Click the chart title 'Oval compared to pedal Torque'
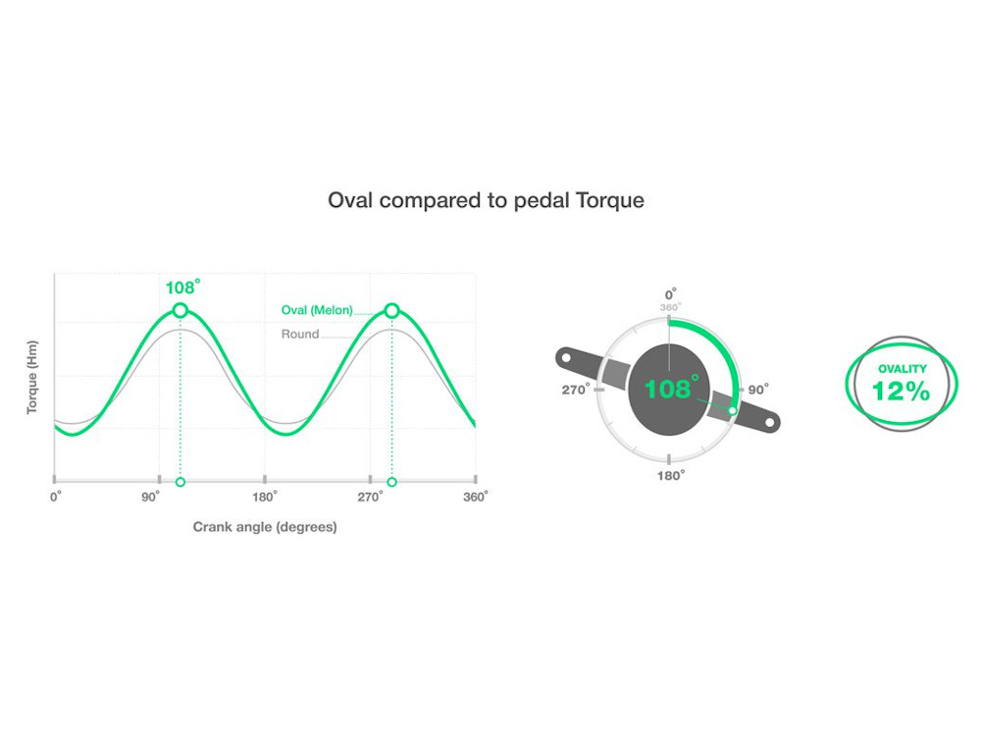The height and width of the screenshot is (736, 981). [487, 200]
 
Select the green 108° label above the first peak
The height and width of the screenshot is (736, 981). [182, 288]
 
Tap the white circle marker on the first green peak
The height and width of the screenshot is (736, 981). [181, 310]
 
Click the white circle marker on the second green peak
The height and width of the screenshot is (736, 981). [391, 310]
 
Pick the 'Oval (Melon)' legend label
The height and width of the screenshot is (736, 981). [317, 310]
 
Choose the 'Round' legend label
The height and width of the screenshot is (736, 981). [300, 335]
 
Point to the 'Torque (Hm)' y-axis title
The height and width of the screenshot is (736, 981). [32, 377]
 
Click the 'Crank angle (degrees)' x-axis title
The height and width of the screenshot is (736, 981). [265, 527]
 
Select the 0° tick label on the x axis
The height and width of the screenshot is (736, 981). [56, 497]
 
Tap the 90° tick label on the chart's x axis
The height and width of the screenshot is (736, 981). [150, 497]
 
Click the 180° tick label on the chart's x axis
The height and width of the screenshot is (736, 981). [265, 497]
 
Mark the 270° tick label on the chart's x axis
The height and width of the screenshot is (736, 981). [371, 497]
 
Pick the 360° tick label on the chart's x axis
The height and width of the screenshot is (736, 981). [476, 497]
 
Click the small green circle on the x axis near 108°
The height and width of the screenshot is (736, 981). [181, 482]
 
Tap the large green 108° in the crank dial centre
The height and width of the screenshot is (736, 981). [672, 388]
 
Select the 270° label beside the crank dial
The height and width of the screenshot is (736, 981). [576, 390]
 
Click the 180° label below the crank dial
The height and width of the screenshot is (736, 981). [671, 476]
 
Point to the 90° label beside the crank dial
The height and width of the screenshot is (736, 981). [758, 390]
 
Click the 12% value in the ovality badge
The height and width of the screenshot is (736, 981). [901, 392]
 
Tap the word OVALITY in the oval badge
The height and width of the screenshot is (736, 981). [903, 369]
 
